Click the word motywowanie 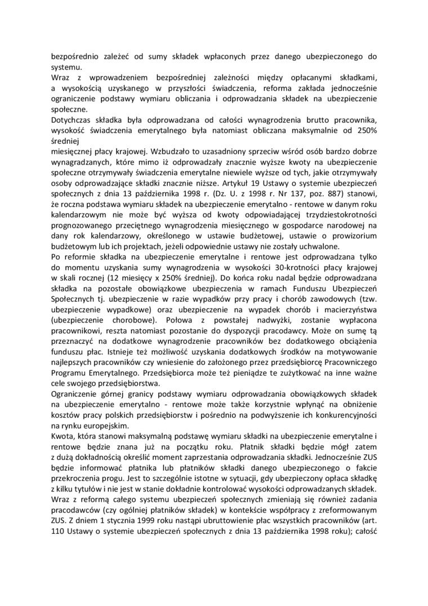(x=347, y=351)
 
